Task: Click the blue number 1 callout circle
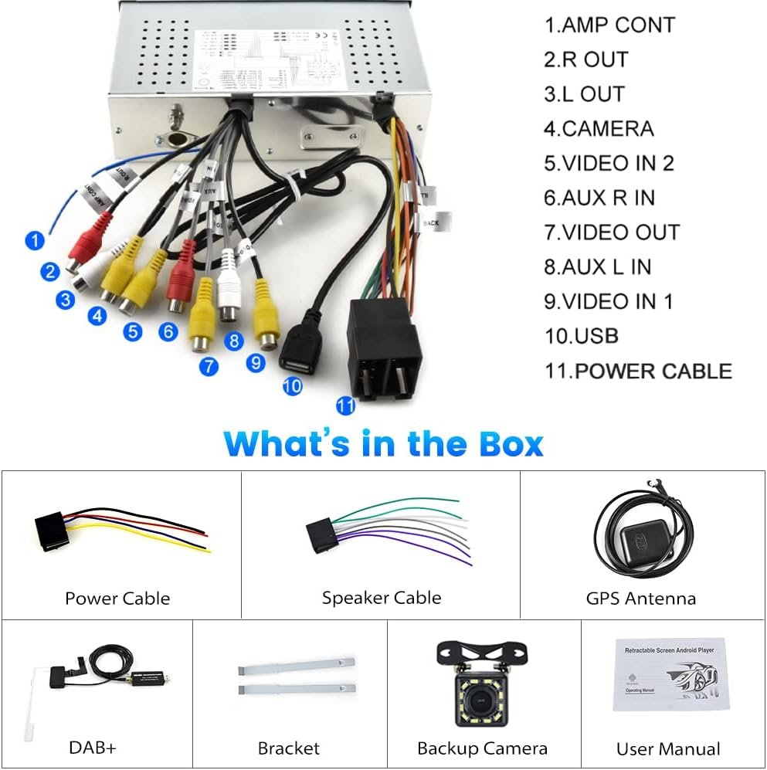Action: [x=35, y=240]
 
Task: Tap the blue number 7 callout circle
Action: [x=209, y=366]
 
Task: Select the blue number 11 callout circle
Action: [x=346, y=405]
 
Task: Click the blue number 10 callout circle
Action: [x=292, y=385]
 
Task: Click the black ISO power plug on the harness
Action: [x=384, y=348]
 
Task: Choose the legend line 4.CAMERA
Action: [x=599, y=128]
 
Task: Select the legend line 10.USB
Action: [x=581, y=336]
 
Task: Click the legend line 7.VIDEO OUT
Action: [x=612, y=232]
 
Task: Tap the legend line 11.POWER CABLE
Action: [x=638, y=371]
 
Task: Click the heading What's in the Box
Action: [x=384, y=444]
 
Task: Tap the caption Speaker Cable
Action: [x=382, y=598]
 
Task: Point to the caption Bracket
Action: [x=289, y=748]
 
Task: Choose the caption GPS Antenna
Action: [x=641, y=599]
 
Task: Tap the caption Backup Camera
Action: [x=482, y=748]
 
